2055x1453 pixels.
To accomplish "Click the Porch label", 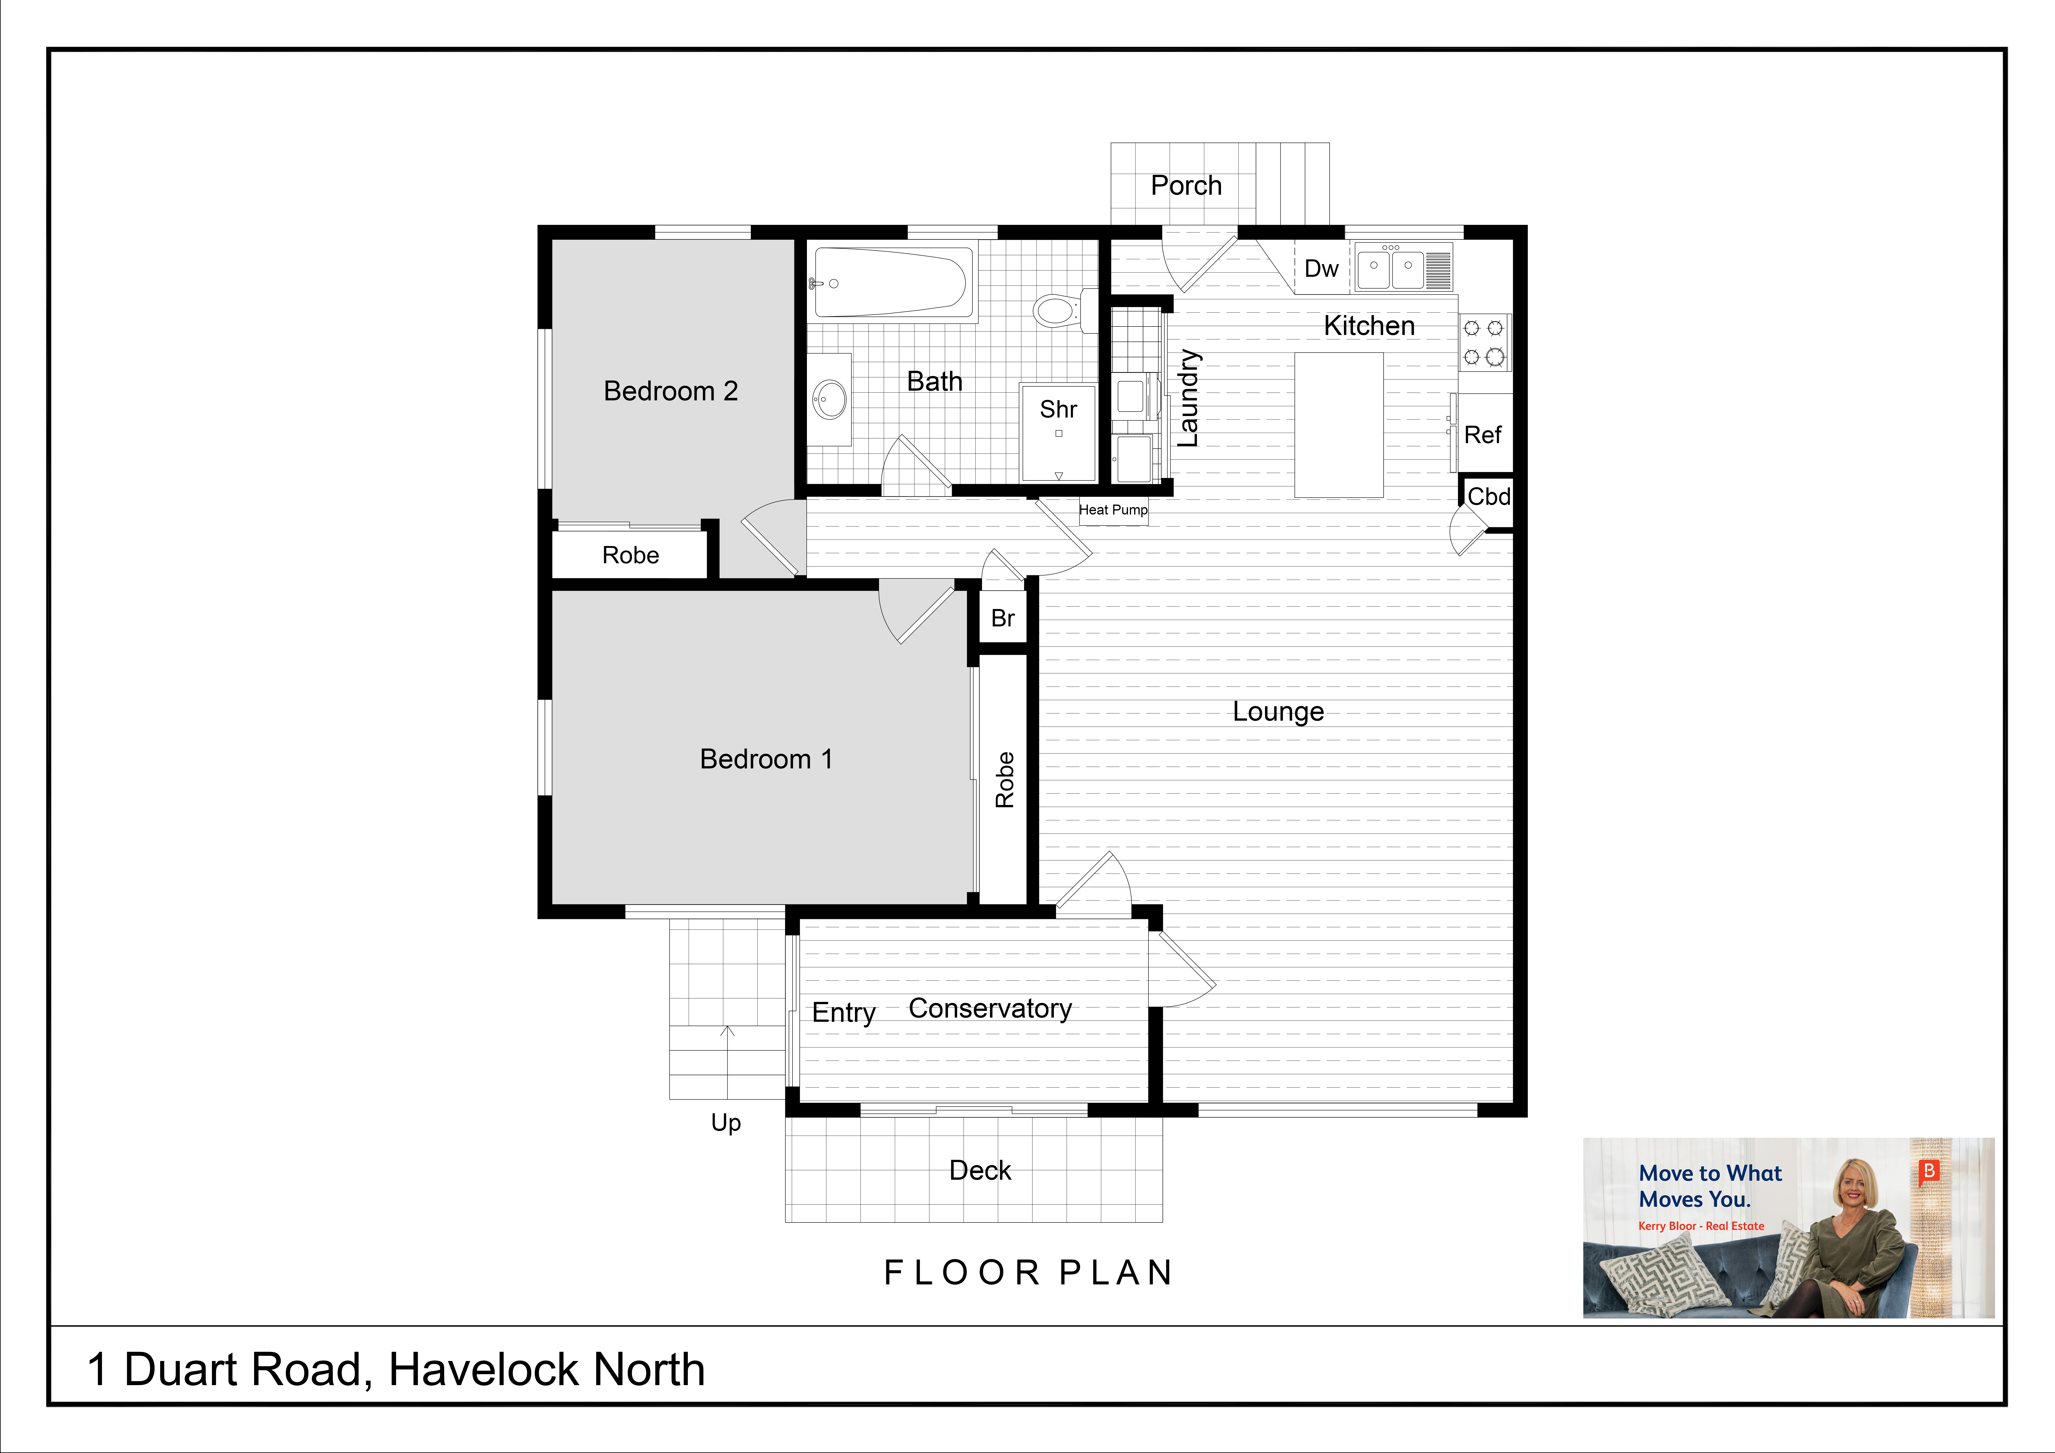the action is [x=1186, y=185].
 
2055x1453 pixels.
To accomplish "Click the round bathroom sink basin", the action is [x=830, y=399].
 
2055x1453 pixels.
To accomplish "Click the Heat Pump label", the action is [x=1113, y=509].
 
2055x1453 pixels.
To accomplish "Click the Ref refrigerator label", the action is [x=1482, y=435].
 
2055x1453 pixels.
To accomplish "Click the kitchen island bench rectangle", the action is [x=1339, y=424].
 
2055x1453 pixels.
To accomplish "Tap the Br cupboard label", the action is [x=1002, y=618].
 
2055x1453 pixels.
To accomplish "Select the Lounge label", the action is [x=1278, y=712].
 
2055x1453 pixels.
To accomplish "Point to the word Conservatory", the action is [x=990, y=1009].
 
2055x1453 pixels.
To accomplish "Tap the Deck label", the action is [x=980, y=1170].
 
